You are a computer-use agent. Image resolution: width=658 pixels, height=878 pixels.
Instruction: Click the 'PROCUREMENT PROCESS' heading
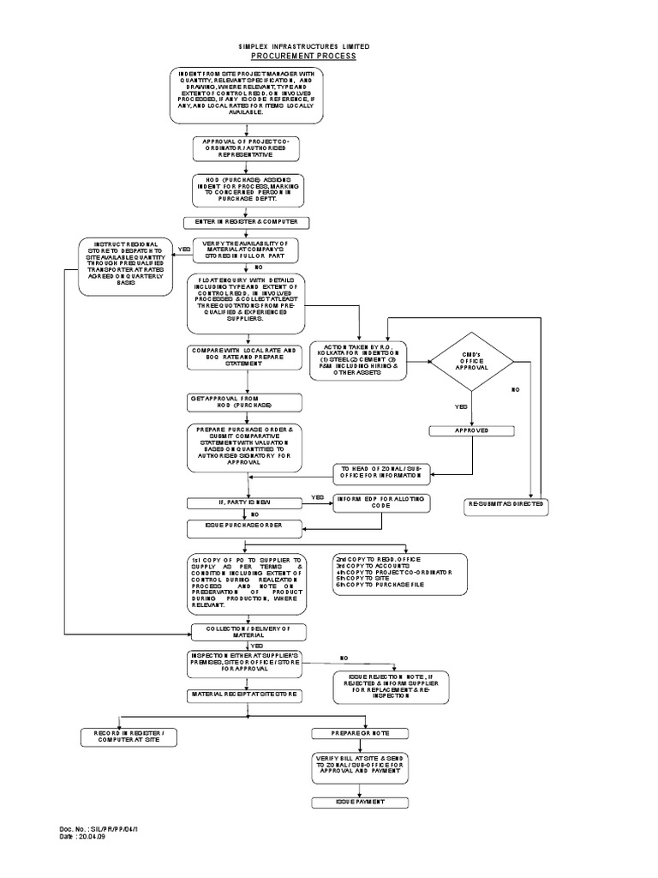coord(303,56)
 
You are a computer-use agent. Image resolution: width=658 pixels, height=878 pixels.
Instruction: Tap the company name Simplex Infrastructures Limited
coord(303,45)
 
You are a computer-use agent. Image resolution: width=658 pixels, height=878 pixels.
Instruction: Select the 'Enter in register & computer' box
coord(248,222)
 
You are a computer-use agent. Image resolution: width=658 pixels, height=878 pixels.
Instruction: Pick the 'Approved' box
coord(471,431)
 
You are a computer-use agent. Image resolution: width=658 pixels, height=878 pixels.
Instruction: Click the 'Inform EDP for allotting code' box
coord(382,502)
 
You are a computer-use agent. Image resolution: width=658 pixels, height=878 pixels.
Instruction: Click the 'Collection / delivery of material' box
coord(248,632)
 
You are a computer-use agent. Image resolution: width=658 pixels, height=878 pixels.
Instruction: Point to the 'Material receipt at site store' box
coord(248,695)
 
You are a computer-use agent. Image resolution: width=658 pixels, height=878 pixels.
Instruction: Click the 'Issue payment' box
coord(359,801)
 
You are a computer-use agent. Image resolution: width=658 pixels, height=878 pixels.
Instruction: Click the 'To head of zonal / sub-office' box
coord(382,472)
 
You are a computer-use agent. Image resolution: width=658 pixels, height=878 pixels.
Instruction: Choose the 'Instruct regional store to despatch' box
coord(126,265)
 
